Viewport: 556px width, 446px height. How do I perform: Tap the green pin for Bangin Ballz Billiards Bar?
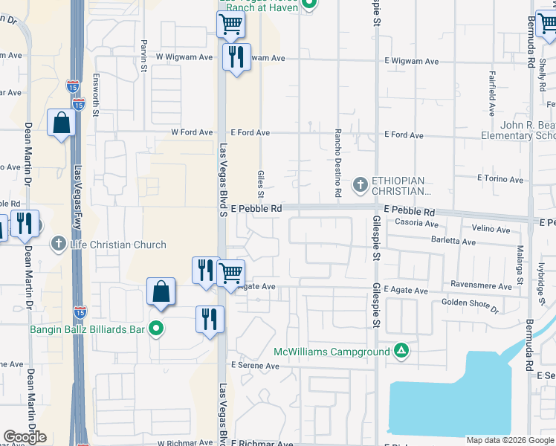[x=155, y=328]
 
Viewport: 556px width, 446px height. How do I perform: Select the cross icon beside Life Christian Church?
[x=59, y=244]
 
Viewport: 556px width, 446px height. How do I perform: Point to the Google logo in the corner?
[x=25, y=437]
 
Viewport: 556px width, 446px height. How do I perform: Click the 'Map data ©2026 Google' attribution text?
[x=509, y=440]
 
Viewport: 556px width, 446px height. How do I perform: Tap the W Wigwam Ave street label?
[x=178, y=57]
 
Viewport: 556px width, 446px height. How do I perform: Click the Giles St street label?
[x=261, y=182]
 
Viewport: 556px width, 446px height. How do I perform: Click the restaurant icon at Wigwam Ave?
[x=236, y=57]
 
